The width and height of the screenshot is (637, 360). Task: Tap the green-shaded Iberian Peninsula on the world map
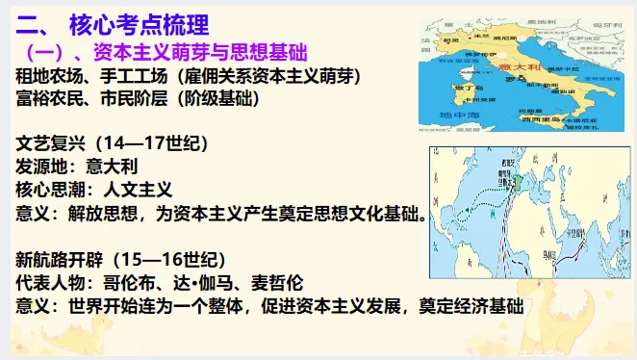coord(518,181)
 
